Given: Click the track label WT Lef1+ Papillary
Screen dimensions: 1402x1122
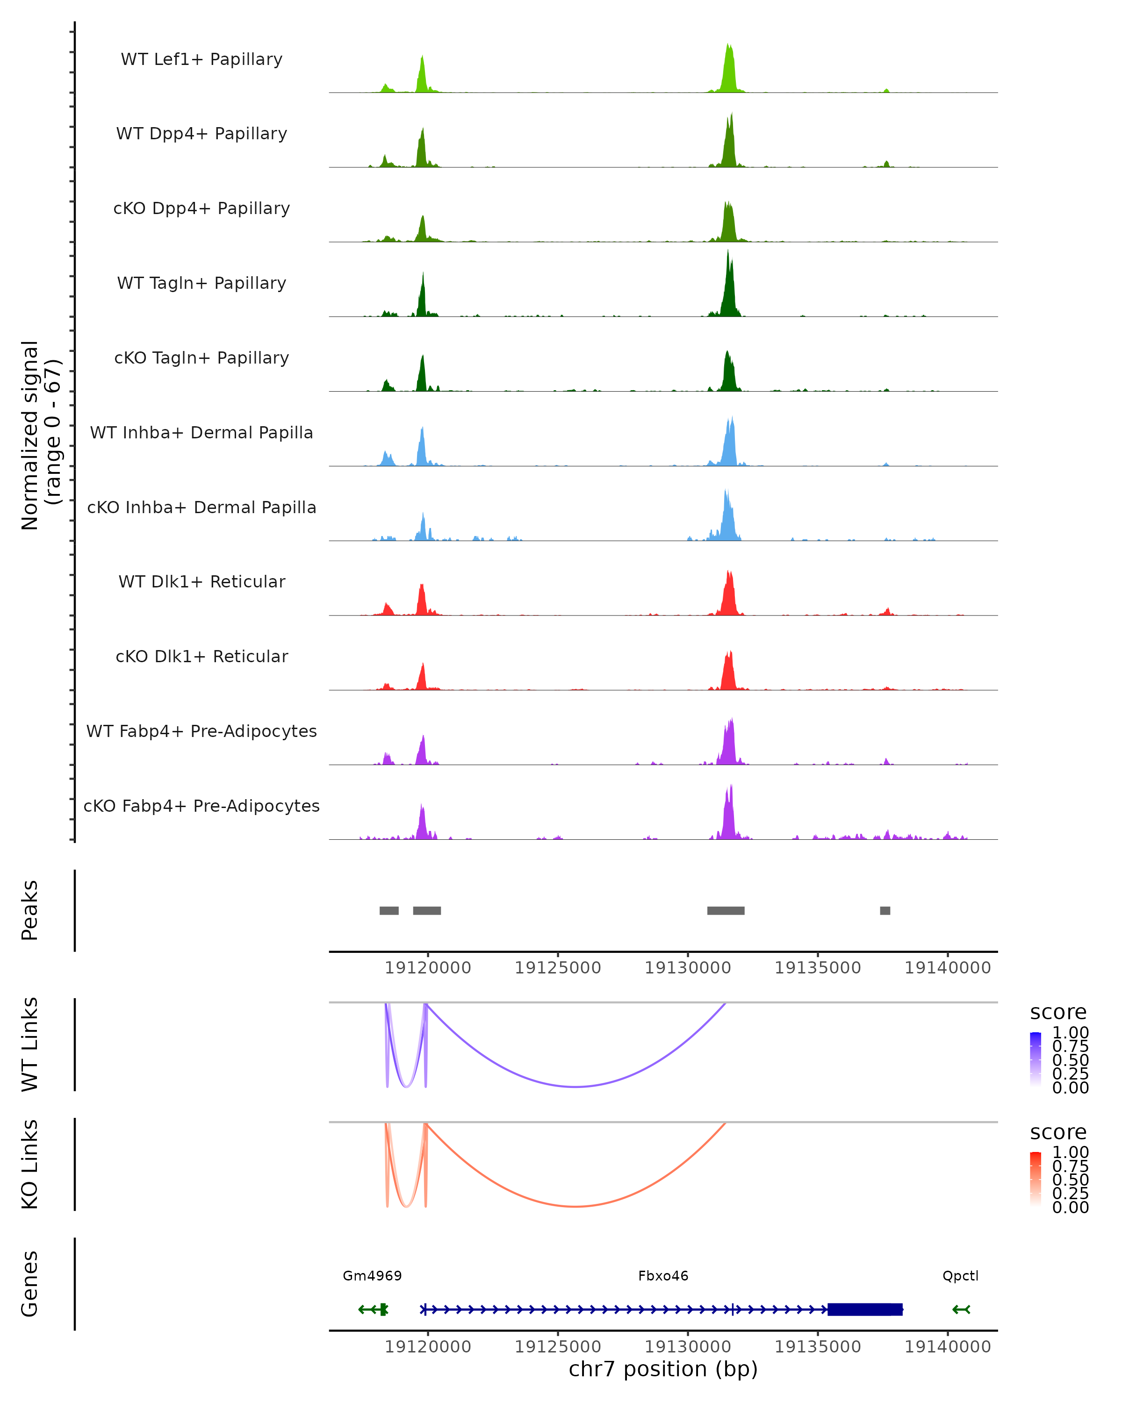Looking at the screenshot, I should click(x=201, y=59).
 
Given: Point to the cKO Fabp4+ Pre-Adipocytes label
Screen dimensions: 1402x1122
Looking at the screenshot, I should click(x=201, y=806).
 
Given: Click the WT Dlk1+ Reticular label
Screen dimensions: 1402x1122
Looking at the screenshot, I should click(x=201, y=581).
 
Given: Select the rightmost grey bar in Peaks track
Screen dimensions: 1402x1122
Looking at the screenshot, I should click(x=885, y=910).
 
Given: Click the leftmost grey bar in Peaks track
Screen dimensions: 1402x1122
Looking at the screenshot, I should click(x=389, y=910).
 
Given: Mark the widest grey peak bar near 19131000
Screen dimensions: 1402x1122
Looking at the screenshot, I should click(x=726, y=910).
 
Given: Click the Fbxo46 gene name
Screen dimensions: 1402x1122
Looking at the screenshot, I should click(x=663, y=1276).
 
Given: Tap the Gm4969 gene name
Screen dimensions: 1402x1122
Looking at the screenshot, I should click(x=372, y=1276).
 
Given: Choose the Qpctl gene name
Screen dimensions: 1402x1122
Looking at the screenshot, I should click(x=960, y=1276).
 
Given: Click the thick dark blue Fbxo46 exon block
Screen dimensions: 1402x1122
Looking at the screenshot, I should click(x=864, y=1309).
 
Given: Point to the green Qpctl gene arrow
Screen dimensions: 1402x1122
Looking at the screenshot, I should click(x=961, y=1309).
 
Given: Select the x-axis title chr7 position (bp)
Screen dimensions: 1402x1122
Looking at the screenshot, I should click(x=663, y=1369).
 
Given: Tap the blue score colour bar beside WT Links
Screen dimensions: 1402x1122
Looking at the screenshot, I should click(x=1036, y=1060).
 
